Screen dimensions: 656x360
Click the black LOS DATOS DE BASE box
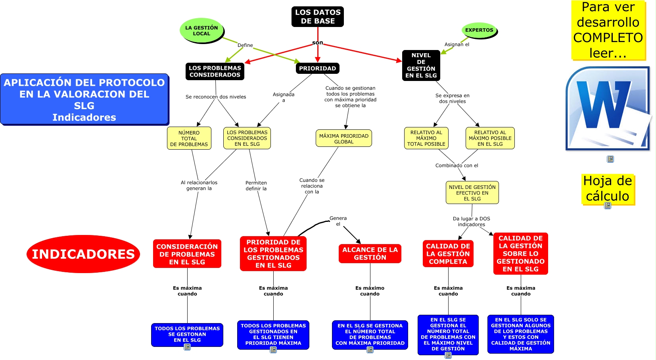(x=317, y=17)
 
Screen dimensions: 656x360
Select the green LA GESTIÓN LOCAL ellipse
(x=201, y=31)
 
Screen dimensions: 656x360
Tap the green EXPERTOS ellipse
(x=479, y=30)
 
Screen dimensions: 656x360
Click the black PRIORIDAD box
(x=317, y=68)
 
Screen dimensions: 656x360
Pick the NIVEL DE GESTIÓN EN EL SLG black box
(x=421, y=65)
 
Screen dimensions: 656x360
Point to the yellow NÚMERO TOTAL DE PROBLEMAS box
(x=189, y=139)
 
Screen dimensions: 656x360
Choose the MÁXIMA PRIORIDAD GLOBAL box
(x=344, y=139)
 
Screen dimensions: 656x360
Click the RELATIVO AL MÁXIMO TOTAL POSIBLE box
(x=426, y=138)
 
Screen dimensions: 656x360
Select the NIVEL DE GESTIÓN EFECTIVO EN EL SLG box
(x=472, y=193)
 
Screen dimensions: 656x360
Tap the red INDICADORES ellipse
(x=83, y=254)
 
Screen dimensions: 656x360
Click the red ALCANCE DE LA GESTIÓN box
(x=370, y=254)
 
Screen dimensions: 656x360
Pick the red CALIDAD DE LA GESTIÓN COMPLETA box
(x=448, y=254)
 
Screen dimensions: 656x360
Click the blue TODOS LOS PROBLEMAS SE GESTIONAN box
(x=187, y=335)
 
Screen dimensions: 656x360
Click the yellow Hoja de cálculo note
(x=608, y=189)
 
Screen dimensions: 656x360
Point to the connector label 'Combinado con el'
(x=457, y=166)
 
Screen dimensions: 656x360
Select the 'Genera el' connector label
(x=338, y=221)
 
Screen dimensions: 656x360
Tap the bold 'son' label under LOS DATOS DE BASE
(x=317, y=43)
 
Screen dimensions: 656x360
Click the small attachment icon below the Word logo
(x=610, y=159)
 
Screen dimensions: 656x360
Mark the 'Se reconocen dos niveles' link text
(x=216, y=97)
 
